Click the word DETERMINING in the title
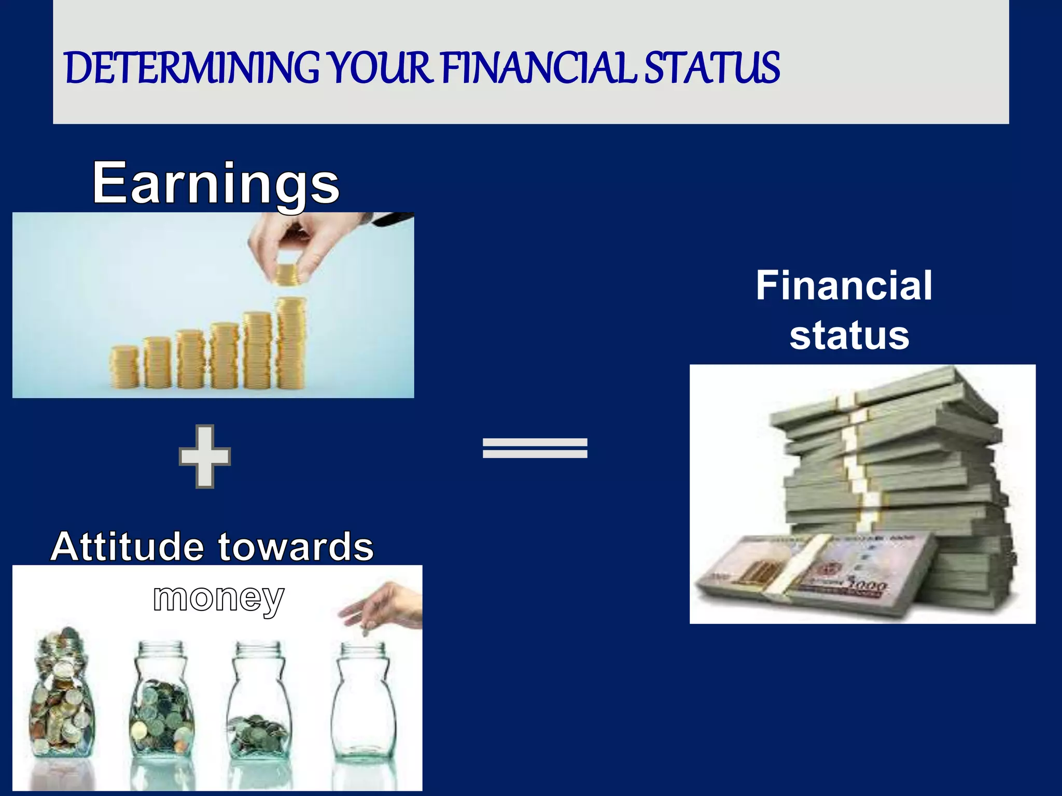point(192,68)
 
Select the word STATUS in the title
point(711,68)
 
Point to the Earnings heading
point(216,183)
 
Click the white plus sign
point(204,457)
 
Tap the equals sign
point(535,448)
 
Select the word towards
point(296,547)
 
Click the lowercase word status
point(849,335)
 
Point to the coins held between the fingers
point(285,274)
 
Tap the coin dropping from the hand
point(365,632)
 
